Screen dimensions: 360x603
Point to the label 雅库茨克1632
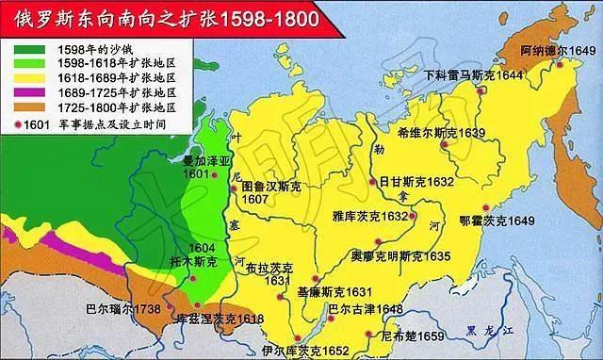[x=372, y=216]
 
